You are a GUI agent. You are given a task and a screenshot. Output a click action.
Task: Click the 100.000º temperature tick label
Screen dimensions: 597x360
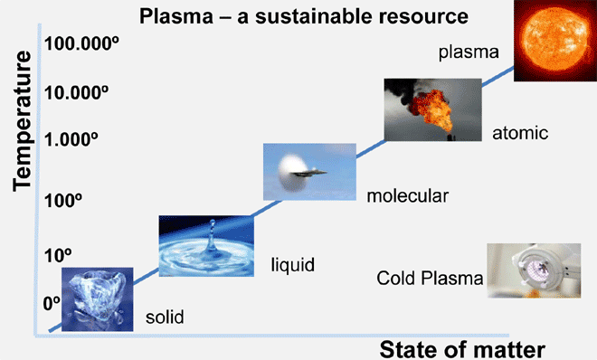point(81,43)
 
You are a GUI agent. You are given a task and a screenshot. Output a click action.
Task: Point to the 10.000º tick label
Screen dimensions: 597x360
point(76,92)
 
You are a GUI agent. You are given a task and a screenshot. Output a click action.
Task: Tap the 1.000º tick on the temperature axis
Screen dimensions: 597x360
point(71,139)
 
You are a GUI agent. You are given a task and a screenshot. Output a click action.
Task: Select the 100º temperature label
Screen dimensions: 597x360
point(63,200)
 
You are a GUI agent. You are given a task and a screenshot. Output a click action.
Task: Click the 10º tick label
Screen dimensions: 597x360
point(58,255)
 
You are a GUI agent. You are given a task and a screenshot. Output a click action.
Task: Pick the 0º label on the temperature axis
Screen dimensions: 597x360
point(52,303)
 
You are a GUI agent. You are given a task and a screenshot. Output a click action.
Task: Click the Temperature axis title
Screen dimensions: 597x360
point(22,121)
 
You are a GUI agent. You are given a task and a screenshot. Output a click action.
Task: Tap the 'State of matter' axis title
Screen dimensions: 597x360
point(462,349)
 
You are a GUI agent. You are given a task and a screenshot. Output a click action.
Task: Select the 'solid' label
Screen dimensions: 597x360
point(165,317)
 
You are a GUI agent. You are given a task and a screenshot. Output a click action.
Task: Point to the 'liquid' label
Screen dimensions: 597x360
point(293,265)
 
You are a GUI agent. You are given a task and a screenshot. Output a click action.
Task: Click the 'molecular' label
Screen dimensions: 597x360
point(407,196)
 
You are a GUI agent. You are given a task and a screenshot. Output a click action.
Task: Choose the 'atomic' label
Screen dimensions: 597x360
point(520,133)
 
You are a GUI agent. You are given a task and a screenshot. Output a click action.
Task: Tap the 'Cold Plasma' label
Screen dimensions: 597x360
point(430,279)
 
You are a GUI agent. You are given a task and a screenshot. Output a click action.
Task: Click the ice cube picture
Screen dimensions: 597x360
point(98,299)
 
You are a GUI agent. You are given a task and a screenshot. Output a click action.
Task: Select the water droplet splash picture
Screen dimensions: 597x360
point(206,246)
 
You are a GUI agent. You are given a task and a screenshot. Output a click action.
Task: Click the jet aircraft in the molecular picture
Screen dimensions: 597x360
point(308,173)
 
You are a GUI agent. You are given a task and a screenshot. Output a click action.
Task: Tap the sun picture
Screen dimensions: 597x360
point(555,41)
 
